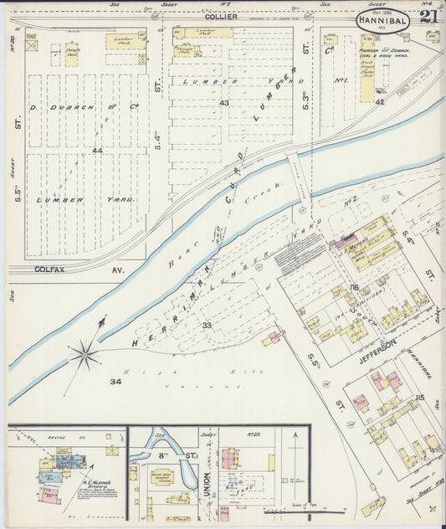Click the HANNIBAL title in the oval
point(383,18)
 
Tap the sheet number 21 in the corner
point(428,17)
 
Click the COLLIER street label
point(222,17)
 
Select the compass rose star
point(85,355)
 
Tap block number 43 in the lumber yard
point(223,102)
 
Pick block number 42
point(379,101)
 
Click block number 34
point(116,382)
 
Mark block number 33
point(206,325)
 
